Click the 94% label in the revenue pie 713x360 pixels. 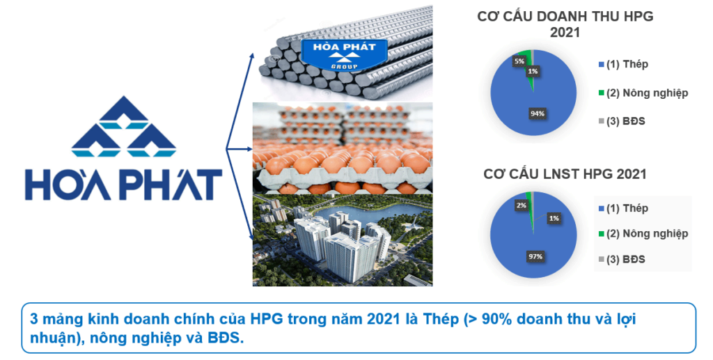tap(537, 114)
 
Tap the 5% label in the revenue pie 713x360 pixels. tap(519, 61)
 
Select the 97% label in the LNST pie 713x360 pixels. tap(535, 257)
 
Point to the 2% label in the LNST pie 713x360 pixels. tap(521, 205)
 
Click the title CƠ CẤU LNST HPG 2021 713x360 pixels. tap(565, 174)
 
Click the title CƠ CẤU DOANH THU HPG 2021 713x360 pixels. tap(565, 24)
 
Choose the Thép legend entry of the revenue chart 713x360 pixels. tap(623, 65)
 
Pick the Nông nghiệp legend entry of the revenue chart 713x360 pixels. tap(643, 93)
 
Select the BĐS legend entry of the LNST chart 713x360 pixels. tap(622, 260)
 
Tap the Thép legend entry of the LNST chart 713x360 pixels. tap(623, 209)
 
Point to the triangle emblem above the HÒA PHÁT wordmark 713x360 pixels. tap(123, 126)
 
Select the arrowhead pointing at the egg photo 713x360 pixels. tap(250, 148)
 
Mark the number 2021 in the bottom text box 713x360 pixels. tap(384, 319)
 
